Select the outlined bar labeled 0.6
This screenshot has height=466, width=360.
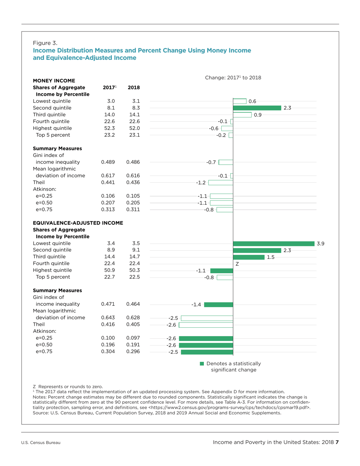[239, 101]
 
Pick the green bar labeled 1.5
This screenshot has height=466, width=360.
[249, 257]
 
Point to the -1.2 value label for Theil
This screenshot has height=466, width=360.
[200, 183]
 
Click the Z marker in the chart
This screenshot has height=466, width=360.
[237, 264]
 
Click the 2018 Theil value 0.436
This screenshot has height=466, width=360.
[133, 182]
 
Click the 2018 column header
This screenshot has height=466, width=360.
[134, 88]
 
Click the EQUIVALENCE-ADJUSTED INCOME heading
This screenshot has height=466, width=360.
[78, 222]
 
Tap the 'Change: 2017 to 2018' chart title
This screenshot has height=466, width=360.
[233, 77]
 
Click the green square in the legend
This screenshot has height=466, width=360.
[202, 364]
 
